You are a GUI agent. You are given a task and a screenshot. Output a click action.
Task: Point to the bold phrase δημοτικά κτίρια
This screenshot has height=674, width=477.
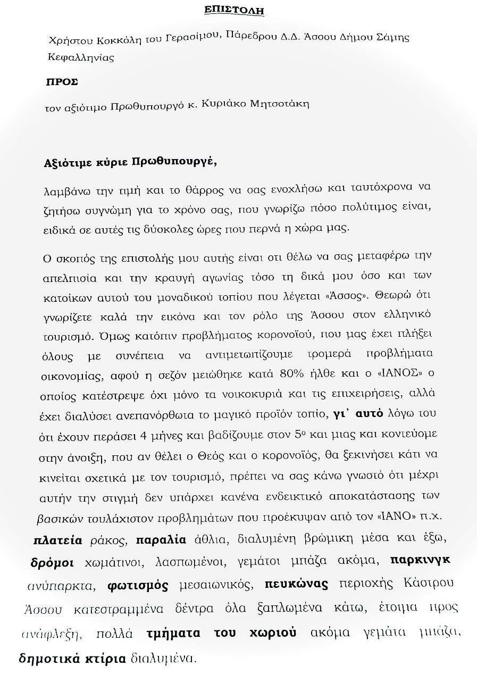pyautogui.click(x=72, y=659)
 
